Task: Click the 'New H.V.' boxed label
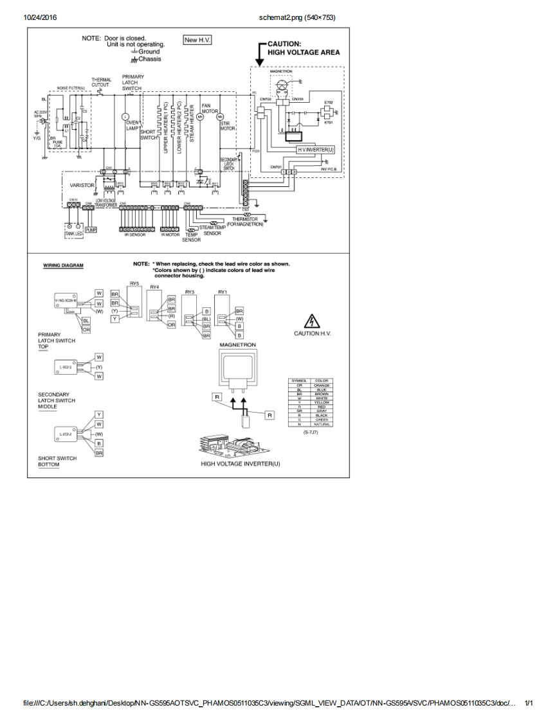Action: pyautogui.click(x=198, y=40)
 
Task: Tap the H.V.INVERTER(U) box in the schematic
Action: pyautogui.click(x=316, y=149)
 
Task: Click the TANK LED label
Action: pyautogui.click(x=73, y=233)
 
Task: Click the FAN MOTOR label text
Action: pyautogui.click(x=207, y=107)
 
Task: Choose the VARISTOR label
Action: pyautogui.click(x=82, y=185)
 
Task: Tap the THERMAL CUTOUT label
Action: pyautogui.click(x=100, y=82)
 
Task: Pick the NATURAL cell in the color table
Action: pyautogui.click(x=321, y=424)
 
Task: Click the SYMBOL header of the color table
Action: pyautogui.click(x=300, y=381)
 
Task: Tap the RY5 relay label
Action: pyautogui.click(x=134, y=283)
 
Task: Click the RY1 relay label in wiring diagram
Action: pyautogui.click(x=223, y=292)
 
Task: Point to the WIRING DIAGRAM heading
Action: pyautogui.click(x=63, y=265)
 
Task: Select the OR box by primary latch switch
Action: pyautogui.click(x=86, y=329)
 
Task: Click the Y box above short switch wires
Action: pyautogui.click(x=99, y=414)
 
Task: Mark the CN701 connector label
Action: pyautogui.click(x=277, y=166)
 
